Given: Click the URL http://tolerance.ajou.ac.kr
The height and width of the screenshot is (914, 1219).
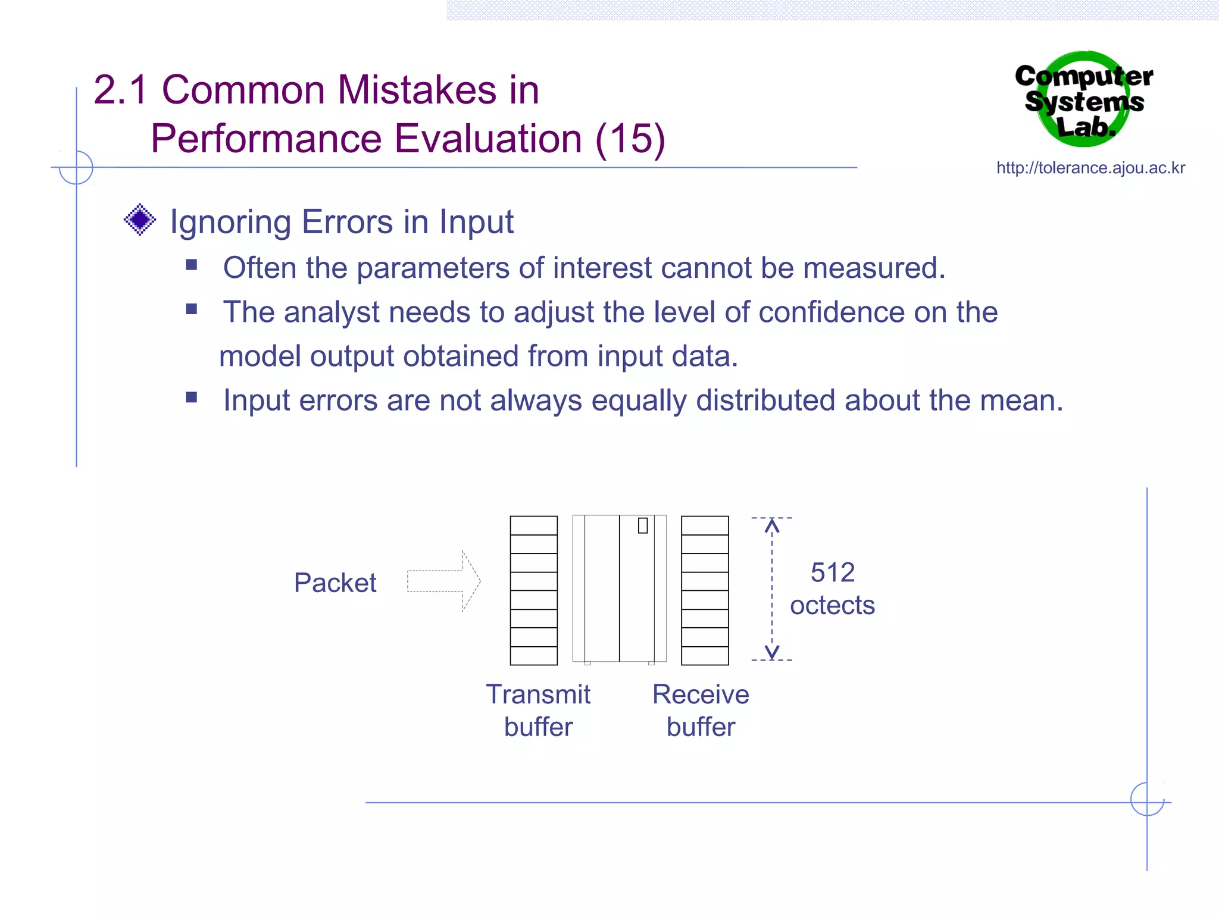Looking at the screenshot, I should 1090,168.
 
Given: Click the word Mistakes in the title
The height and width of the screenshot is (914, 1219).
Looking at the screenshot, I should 417,90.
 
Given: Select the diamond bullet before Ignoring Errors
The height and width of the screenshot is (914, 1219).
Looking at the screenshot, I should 140,220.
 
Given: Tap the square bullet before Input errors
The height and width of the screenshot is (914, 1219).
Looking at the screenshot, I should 191,397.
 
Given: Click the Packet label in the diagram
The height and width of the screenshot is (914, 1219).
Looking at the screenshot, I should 335,583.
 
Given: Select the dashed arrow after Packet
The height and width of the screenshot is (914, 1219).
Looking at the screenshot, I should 443,581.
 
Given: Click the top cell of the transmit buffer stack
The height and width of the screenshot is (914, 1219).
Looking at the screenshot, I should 533,526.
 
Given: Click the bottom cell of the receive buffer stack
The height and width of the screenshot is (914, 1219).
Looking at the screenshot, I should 705,655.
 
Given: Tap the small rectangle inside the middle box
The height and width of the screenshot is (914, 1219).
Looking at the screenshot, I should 642,525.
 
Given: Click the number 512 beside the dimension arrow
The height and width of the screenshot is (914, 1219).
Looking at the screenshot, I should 832,572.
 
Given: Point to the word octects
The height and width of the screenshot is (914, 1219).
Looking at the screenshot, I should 832,605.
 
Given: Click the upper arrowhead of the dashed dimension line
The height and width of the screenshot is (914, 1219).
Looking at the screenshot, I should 771,524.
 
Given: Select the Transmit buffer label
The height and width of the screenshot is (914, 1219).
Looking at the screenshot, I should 538,710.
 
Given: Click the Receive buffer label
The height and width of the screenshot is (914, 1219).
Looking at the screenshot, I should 701,710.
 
